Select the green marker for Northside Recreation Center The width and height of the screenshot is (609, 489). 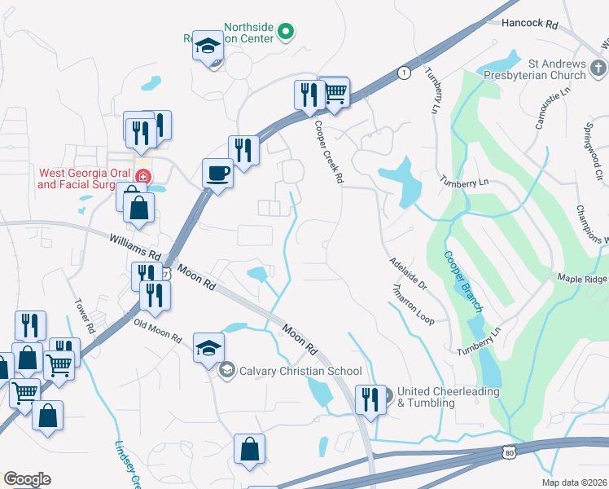pyautogui.click(x=286, y=33)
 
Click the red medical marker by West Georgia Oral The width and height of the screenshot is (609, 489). pyautogui.click(x=142, y=176)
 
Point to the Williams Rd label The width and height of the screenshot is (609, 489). pyautogui.click(x=135, y=241)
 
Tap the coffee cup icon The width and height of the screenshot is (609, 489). pyautogui.click(x=217, y=173)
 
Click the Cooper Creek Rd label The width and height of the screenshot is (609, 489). pyautogui.click(x=327, y=152)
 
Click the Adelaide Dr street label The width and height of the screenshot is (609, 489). pyautogui.click(x=407, y=274)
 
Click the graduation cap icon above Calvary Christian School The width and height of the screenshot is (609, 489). pyautogui.click(x=208, y=347)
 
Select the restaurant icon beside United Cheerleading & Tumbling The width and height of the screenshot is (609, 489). pyautogui.click(x=370, y=399)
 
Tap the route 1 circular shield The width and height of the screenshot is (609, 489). pyautogui.click(x=403, y=73)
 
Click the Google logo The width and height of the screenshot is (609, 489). pyautogui.click(x=27, y=479)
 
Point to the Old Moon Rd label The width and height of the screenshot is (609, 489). pyautogui.click(x=158, y=332)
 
